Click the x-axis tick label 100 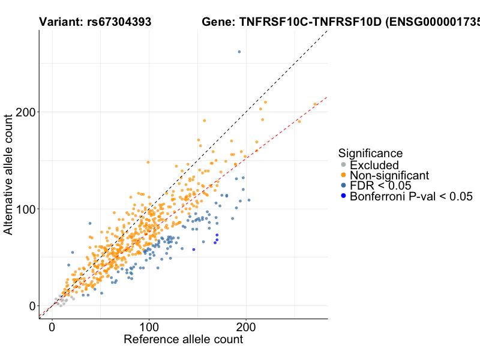coord(149,328)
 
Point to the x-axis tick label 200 coord(246,328)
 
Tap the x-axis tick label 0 coord(52,328)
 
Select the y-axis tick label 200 coord(25,112)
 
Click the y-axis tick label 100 coord(25,209)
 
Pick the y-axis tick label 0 coord(32,306)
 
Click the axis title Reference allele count coord(183,340)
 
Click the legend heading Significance coord(370,154)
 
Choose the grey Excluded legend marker coord(343,165)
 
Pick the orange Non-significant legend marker coord(343,176)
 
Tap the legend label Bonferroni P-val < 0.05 coord(412,196)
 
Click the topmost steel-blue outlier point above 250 coord(239,52)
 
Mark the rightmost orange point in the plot coord(315,104)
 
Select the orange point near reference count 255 coord(299,121)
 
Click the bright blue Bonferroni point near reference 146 coord(194,250)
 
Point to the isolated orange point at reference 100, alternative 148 coord(148,162)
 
